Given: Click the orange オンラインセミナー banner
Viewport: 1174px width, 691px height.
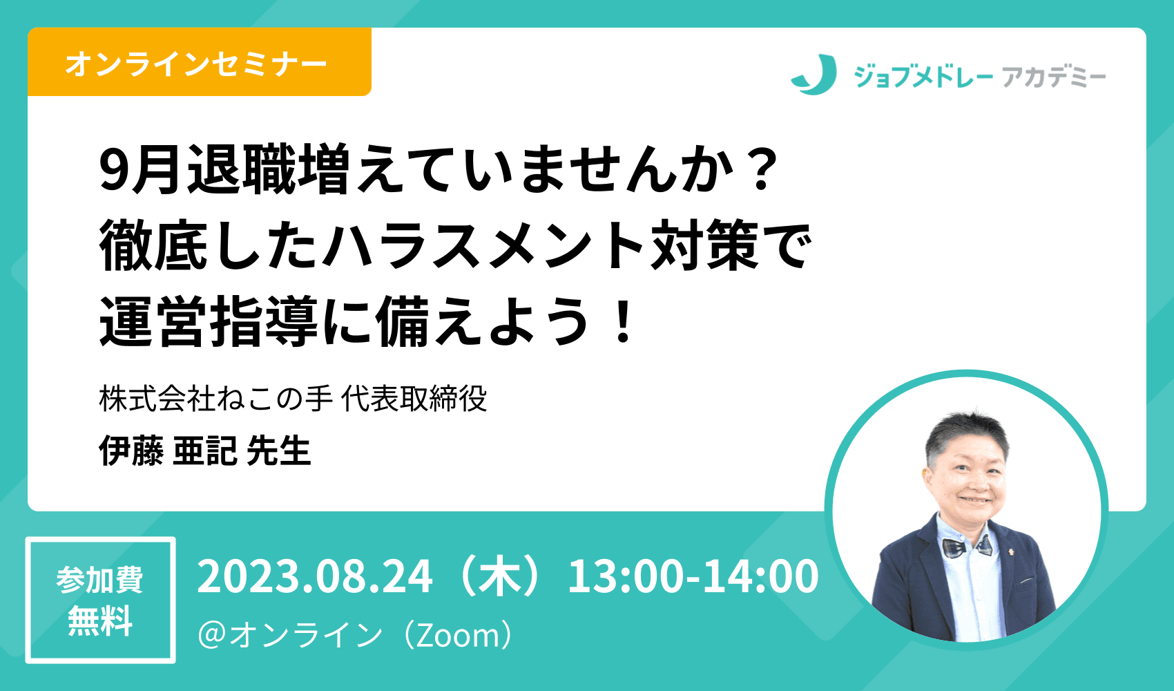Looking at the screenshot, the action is pyautogui.click(x=199, y=62).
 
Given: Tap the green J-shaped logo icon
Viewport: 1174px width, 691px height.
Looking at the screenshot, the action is pyautogui.click(x=814, y=75).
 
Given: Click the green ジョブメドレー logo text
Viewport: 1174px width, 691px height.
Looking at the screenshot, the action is pyautogui.click(x=923, y=77).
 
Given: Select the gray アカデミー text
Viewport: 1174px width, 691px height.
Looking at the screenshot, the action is pyautogui.click(x=1054, y=77).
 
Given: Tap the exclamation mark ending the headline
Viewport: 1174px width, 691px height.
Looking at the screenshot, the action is pyautogui.click(x=623, y=320).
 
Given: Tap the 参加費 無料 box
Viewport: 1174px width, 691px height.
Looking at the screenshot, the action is pyautogui.click(x=100, y=600).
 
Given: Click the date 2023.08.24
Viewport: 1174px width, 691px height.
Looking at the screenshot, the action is pyautogui.click(x=315, y=576).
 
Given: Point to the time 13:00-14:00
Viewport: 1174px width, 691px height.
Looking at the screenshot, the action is pyautogui.click(x=693, y=576).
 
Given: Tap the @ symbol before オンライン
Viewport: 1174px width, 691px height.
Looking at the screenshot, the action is pyautogui.click(x=212, y=636).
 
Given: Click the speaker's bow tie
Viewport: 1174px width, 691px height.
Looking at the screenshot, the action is pyautogui.click(x=968, y=546).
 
